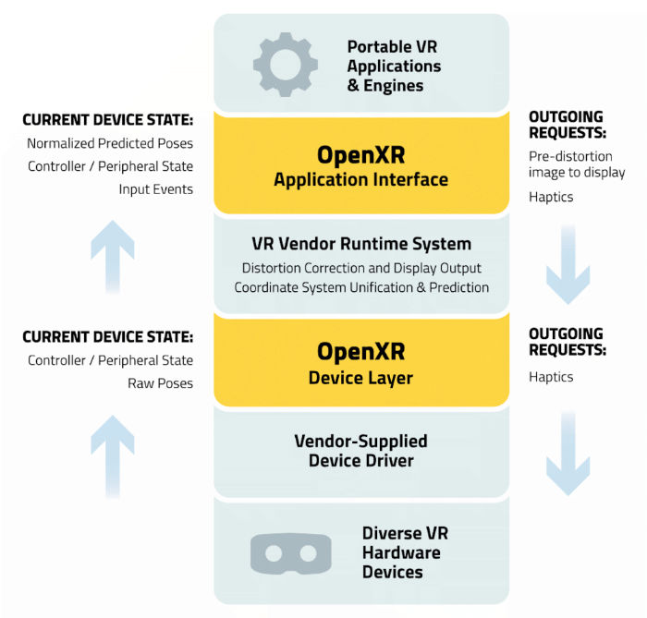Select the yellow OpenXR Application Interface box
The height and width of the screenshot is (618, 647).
click(360, 164)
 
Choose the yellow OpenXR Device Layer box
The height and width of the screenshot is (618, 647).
click(360, 361)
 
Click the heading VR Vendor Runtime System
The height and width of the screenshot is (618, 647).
click(361, 244)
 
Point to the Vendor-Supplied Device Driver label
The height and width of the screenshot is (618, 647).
click(360, 451)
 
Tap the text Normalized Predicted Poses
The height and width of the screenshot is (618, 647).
click(110, 143)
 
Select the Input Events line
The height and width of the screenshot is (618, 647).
click(155, 188)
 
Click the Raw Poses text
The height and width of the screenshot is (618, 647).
click(162, 382)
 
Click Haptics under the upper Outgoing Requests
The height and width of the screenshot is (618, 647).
click(551, 196)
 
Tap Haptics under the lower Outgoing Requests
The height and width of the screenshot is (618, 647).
click(551, 377)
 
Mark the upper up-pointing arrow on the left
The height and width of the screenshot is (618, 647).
click(112, 249)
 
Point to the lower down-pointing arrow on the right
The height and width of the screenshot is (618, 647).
click(568, 453)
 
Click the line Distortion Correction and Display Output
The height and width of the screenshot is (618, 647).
click(361, 268)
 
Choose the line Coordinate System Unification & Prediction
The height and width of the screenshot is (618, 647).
click(361, 287)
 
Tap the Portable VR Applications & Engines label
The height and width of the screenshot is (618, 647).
click(394, 65)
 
